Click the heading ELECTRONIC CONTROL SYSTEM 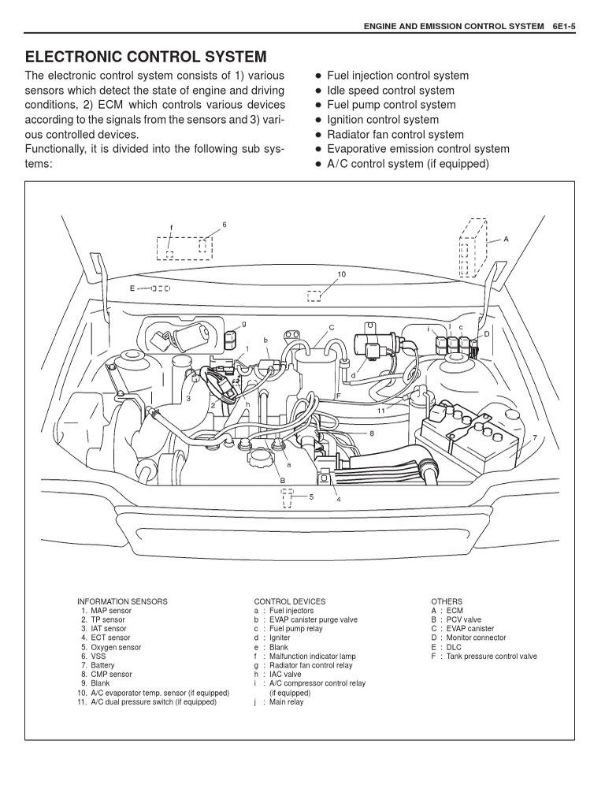pos(146,57)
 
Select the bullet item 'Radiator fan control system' pos(395,135)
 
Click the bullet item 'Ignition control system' pos(383,120)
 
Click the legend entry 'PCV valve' pos(463,620)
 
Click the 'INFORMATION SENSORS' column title pos(122,601)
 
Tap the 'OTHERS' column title pos(447,601)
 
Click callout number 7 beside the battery pos(535,437)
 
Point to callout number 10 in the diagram pos(341,274)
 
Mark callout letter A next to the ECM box pos(506,239)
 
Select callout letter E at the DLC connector pos(132,288)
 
